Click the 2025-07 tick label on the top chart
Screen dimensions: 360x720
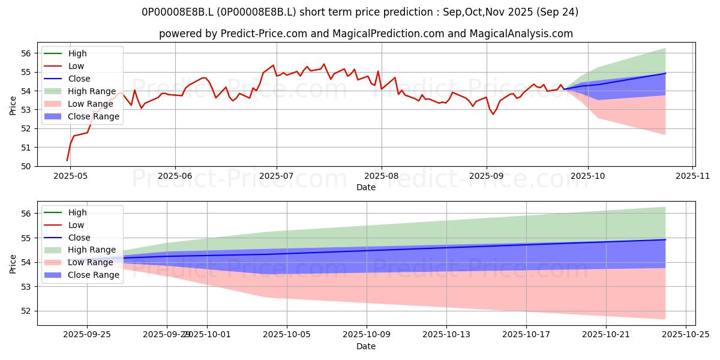tap(277, 176)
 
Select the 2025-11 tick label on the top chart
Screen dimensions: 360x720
tap(693, 176)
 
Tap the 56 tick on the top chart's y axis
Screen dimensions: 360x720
tap(26, 53)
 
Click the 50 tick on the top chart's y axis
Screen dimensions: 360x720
tap(26, 166)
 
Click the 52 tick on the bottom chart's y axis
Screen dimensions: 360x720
tap(26, 311)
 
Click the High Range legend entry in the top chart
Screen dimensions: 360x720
tap(92, 91)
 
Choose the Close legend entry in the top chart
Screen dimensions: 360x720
tap(79, 79)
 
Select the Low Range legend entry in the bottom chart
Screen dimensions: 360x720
tap(91, 262)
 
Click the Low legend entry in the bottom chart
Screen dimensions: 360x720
tap(76, 225)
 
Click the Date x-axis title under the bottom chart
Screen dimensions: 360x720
tap(366, 346)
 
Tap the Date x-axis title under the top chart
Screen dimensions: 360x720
tap(366, 187)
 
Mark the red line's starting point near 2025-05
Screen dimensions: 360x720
tap(67, 160)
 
